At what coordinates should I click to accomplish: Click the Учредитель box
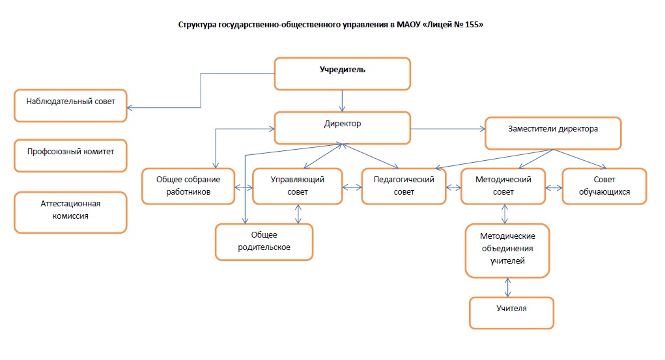click(x=342, y=74)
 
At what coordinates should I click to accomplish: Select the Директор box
click(x=342, y=128)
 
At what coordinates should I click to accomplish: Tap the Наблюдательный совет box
click(x=70, y=105)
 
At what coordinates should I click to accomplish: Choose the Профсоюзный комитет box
click(x=70, y=156)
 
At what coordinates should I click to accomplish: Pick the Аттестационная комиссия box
click(x=70, y=212)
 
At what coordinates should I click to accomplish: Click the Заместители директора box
click(x=553, y=133)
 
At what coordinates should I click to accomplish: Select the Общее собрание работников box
click(x=188, y=187)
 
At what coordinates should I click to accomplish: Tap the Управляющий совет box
click(x=297, y=187)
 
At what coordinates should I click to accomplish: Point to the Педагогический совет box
click(x=404, y=187)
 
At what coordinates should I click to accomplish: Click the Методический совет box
click(x=503, y=187)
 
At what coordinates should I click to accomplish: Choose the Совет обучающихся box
click(x=604, y=187)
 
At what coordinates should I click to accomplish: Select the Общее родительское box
click(x=264, y=242)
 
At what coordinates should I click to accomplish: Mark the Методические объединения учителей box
click(x=507, y=251)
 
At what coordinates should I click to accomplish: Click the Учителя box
click(x=511, y=313)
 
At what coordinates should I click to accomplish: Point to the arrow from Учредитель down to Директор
click(x=342, y=101)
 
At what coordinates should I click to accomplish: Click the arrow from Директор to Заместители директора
click(x=448, y=129)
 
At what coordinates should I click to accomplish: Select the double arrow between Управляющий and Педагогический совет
click(x=352, y=187)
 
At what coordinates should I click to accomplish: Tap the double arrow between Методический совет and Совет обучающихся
click(x=554, y=187)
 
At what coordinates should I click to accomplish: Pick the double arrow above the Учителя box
click(x=507, y=288)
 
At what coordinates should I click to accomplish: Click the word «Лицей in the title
click(x=437, y=25)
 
